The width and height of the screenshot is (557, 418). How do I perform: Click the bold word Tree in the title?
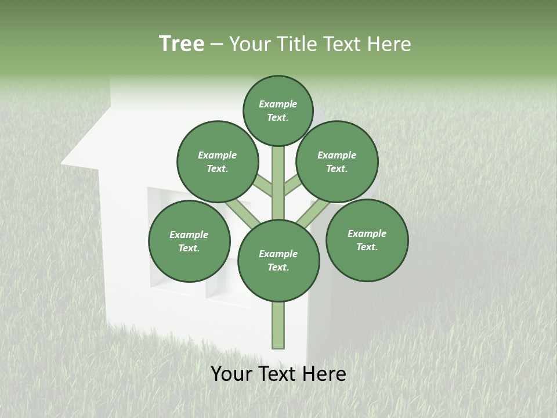point(182,44)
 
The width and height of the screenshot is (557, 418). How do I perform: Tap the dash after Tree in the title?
point(217,44)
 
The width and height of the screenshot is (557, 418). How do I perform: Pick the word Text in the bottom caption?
point(277,374)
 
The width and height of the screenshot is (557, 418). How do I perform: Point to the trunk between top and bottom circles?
point(278,183)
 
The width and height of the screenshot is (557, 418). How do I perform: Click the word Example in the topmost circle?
point(278,104)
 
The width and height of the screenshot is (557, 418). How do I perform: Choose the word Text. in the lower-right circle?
point(367,247)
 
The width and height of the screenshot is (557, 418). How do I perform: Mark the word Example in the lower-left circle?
point(189,235)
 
